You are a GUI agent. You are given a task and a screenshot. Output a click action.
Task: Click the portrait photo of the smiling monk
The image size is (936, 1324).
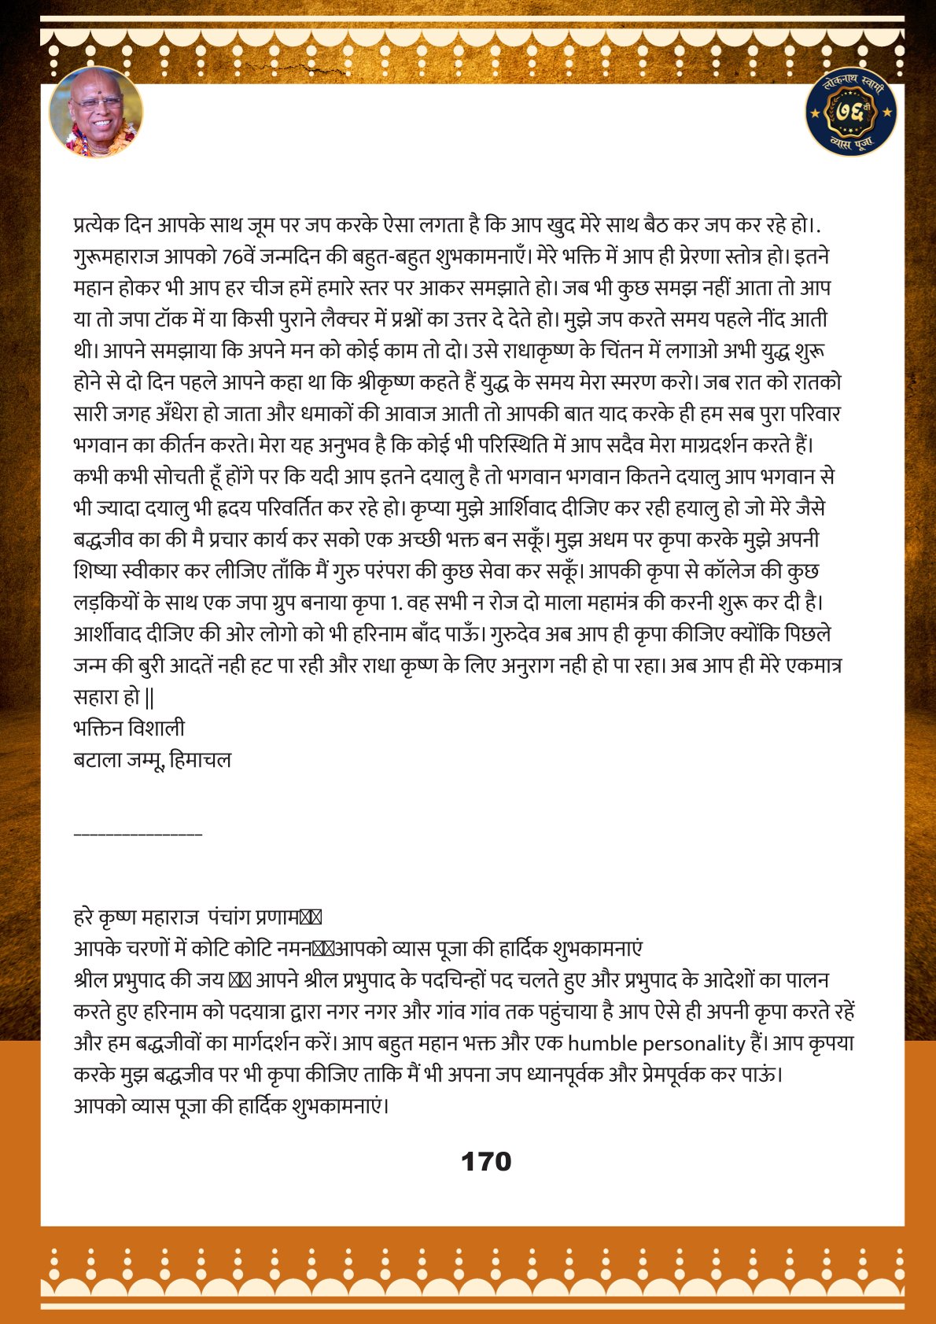coord(96,112)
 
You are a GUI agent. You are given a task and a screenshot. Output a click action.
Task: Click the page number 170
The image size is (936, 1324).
coord(486,1162)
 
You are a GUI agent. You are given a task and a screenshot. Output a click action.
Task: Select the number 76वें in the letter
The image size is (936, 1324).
coord(245,256)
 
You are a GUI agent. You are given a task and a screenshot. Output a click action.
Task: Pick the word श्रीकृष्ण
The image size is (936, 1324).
coord(392,382)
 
